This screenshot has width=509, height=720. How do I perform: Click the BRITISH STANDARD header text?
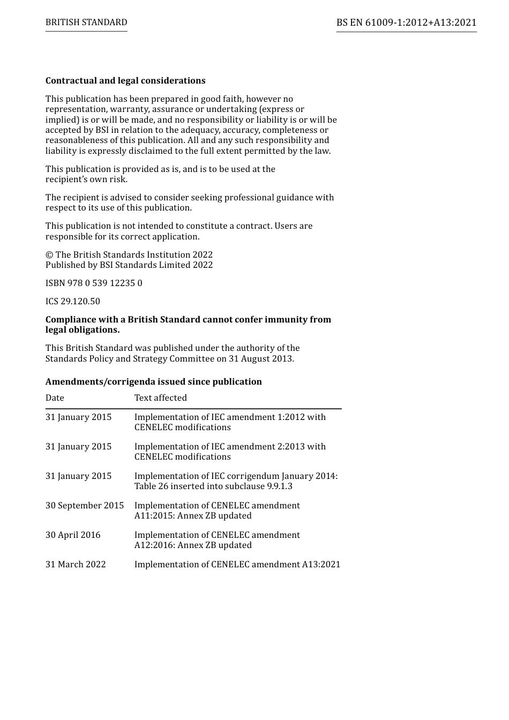(x=86, y=22)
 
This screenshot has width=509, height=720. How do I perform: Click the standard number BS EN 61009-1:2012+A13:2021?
(x=406, y=22)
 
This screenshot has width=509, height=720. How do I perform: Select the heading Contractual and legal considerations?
(x=125, y=81)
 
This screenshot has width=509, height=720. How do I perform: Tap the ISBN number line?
(x=94, y=283)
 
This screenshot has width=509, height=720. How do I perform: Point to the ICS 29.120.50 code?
(x=72, y=302)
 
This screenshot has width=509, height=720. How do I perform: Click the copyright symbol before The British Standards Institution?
(x=49, y=255)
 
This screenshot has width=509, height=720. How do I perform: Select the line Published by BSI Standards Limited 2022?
(x=129, y=265)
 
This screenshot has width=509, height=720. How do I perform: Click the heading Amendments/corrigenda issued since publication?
(x=153, y=382)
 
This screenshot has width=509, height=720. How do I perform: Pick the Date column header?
(x=55, y=398)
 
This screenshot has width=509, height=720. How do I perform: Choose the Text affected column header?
(x=160, y=398)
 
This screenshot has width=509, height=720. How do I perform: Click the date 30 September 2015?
(x=84, y=506)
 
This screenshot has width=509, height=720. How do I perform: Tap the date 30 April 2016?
(x=72, y=535)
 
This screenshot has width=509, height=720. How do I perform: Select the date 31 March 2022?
(x=76, y=565)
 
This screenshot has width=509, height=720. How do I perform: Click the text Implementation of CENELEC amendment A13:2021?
(x=237, y=565)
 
